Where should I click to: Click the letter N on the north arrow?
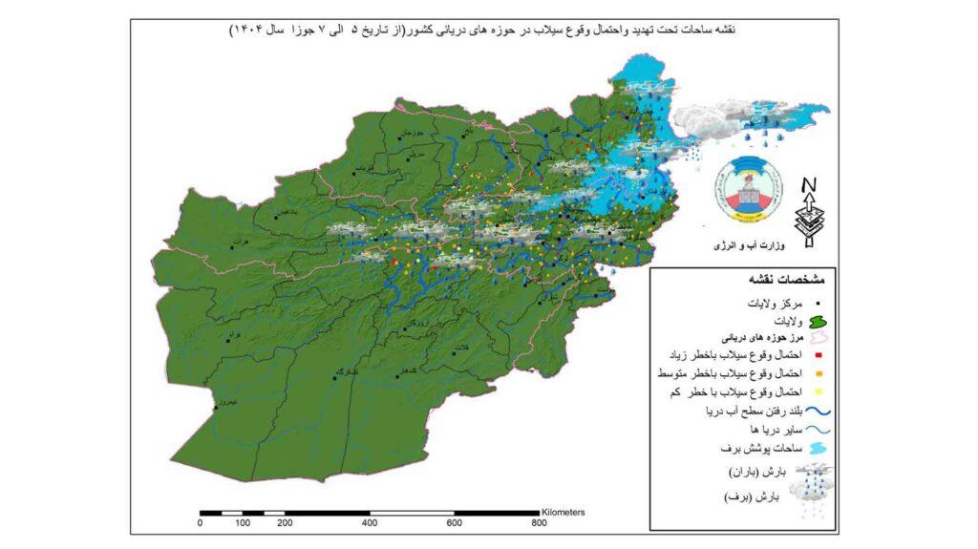click(809, 184)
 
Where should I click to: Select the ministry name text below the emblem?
click(749, 246)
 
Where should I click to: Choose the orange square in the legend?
click(820, 373)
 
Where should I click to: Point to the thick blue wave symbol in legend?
click(819, 412)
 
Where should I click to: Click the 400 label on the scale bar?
click(369, 523)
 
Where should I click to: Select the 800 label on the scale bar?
click(539, 523)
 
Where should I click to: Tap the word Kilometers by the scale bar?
click(563, 512)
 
